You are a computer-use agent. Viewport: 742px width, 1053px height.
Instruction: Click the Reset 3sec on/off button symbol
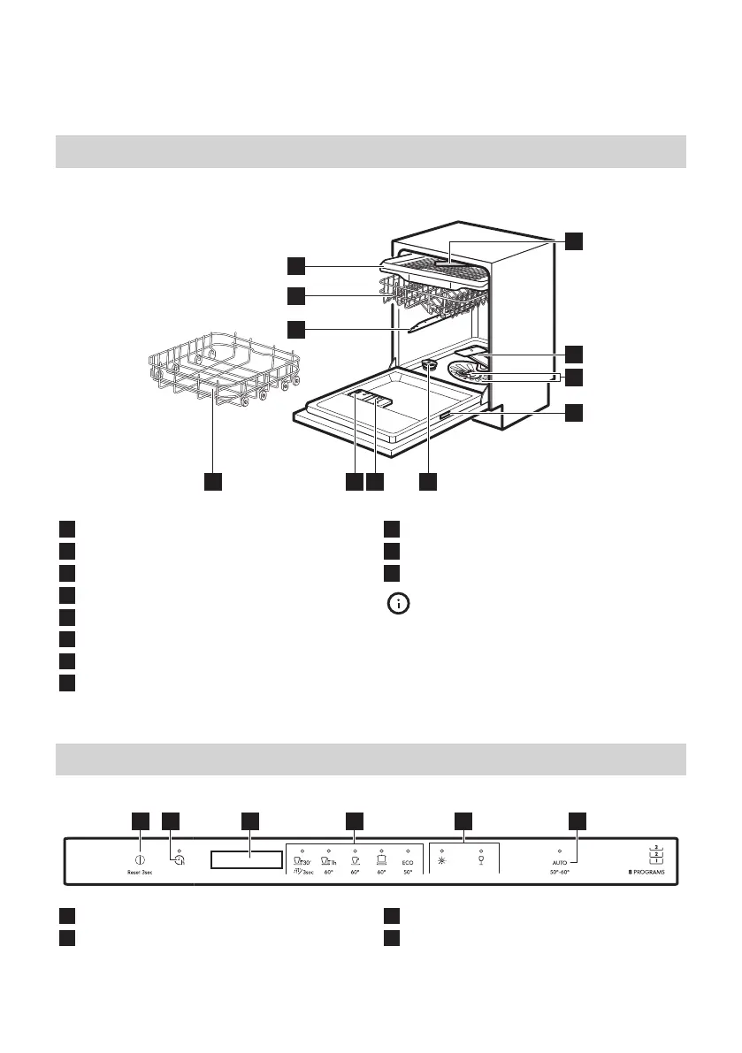point(140,858)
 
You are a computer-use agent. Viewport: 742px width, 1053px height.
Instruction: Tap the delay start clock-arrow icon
point(180,860)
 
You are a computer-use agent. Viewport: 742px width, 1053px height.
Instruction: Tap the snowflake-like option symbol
point(441,859)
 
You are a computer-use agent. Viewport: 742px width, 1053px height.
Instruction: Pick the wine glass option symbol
point(481,859)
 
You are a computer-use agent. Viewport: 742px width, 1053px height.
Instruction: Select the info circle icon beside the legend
point(398,606)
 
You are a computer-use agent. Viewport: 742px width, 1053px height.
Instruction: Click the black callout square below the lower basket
point(211,482)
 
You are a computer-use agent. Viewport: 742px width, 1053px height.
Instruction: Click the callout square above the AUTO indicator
point(578,820)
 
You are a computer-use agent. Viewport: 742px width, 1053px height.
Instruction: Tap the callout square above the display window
point(249,820)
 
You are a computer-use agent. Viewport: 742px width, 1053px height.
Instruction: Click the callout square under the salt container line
point(429,482)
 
